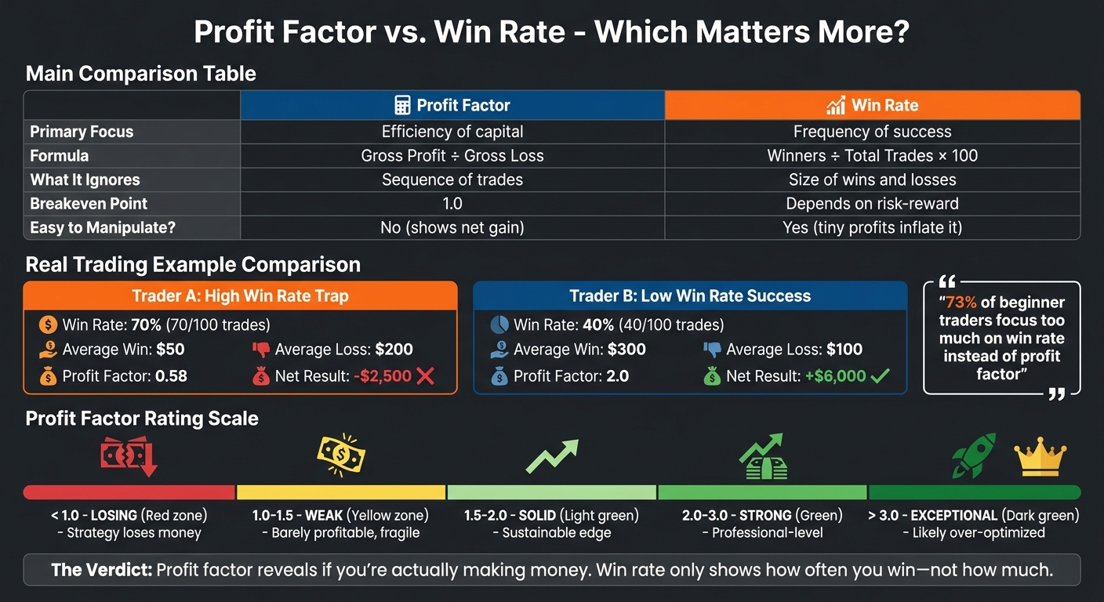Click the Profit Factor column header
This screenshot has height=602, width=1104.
[x=452, y=105]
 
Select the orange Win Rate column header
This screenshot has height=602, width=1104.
[x=872, y=105]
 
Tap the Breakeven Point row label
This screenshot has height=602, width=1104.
[x=89, y=204]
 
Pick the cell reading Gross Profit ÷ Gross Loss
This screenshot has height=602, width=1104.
[x=452, y=155]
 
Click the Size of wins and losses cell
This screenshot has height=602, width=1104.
[x=872, y=180]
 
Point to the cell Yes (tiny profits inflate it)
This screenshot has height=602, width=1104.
[x=872, y=227]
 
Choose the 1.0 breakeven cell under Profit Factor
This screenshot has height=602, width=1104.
[x=452, y=204]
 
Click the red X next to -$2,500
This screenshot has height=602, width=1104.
[x=426, y=376]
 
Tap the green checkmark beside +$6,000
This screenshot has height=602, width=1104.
[x=880, y=376]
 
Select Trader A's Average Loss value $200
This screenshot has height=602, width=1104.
[x=394, y=350]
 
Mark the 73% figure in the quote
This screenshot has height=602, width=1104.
[x=960, y=303]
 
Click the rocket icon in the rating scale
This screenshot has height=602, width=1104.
[x=974, y=455]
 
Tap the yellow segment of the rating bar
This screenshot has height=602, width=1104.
[x=341, y=492]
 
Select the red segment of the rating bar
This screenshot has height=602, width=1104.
[x=129, y=492]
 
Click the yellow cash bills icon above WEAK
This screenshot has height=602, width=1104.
[x=341, y=455]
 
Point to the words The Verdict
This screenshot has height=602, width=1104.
[x=100, y=570]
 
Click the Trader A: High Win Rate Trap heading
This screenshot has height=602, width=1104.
[x=241, y=296]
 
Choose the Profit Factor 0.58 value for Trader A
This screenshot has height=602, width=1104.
[x=171, y=376]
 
